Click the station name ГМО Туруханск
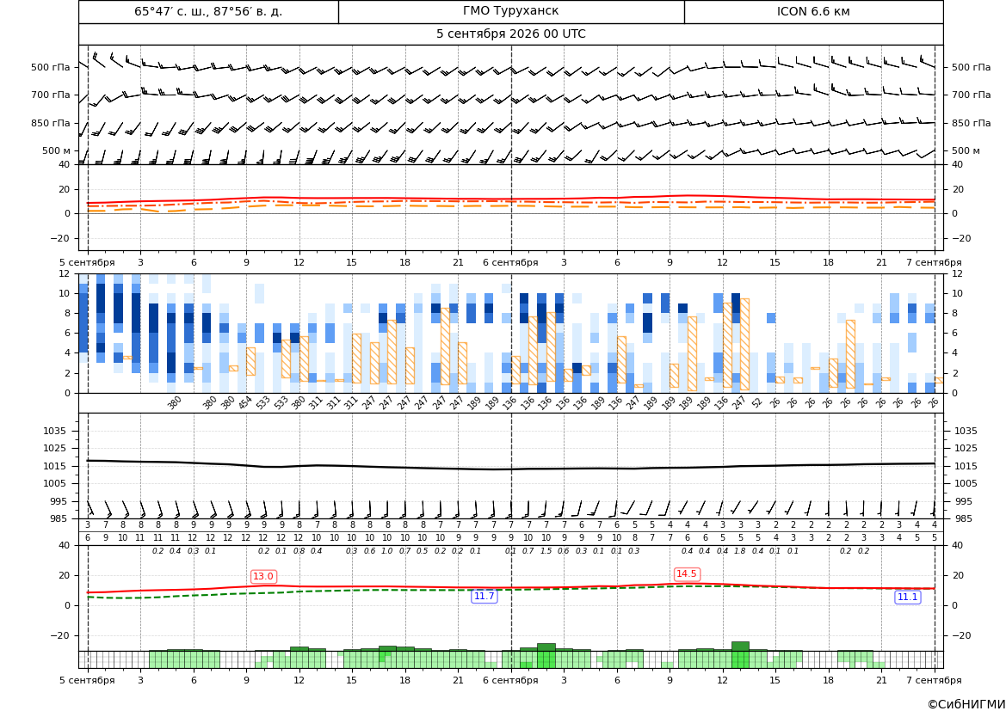510,11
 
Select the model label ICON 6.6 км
813,11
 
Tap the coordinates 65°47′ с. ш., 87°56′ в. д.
208,11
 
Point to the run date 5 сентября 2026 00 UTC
510,34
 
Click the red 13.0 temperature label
263,576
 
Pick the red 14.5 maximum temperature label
687,573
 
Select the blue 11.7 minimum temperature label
484,597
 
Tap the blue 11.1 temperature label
907,597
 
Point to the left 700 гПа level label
51,95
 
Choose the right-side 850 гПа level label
972,123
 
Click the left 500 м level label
57,150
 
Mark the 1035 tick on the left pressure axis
61,431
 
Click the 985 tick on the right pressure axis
961,518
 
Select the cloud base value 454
246,402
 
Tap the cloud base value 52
757,402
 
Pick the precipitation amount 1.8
740,551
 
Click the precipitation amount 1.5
546,551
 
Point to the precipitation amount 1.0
387,551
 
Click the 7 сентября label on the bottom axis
934,680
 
